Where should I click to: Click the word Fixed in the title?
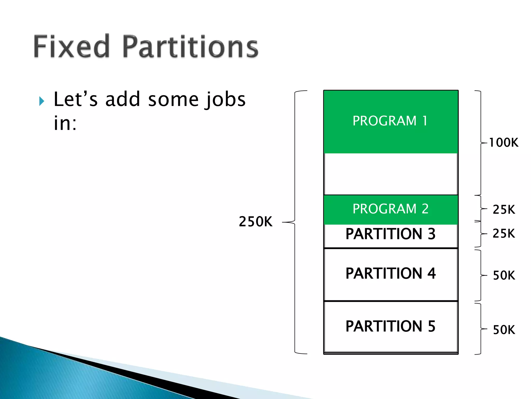(71, 47)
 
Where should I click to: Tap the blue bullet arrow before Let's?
(41, 101)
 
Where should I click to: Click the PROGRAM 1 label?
(390, 121)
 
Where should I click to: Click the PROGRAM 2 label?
(390, 209)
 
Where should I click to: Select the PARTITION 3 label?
(390, 234)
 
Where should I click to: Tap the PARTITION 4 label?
(390, 273)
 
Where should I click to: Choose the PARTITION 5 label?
(390, 326)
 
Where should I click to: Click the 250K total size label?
(255, 222)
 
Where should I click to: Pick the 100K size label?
(504, 143)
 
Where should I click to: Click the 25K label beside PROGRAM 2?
(504, 209)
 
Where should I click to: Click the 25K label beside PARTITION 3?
(504, 233)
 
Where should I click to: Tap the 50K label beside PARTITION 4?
(504, 275)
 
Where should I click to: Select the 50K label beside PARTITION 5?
(504, 330)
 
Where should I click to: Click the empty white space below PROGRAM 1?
(390, 174)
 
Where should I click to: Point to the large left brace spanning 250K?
(295, 222)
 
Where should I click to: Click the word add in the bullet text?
(123, 100)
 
